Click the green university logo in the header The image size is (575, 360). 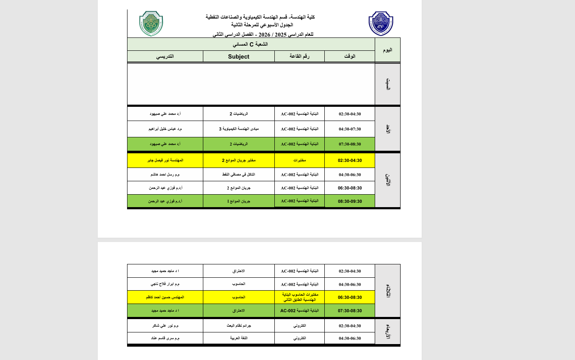click(x=151, y=23)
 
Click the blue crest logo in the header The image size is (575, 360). click(x=381, y=24)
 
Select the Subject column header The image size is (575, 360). click(x=239, y=56)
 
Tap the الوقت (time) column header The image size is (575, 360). click(x=350, y=56)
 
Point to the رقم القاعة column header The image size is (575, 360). click(x=300, y=56)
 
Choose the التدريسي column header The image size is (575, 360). click(x=165, y=56)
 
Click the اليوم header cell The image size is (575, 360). click(x=388, y=50)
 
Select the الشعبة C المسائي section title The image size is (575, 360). click(x=251, y=44)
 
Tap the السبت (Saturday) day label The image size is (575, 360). click(x=388, y=84)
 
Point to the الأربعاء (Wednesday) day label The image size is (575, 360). click(x=388, y=331)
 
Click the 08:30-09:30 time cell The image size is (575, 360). click(x=350, y=201)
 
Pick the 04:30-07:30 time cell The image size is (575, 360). click(x=350, y=129)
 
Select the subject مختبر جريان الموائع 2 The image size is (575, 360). click(x=239, y=160)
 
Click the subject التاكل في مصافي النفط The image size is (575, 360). click(x=239, y=174)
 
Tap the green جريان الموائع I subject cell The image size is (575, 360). click(x=239, y=201)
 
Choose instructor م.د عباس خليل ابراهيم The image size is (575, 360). click(x=165, y=129)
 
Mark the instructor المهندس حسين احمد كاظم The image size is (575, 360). click(x=165, y=297)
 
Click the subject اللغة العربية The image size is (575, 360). click(x=239, y=338)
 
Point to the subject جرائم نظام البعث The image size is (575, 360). click(x=239, y=326)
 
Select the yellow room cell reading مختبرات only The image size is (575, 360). click(x=300, y=160)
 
